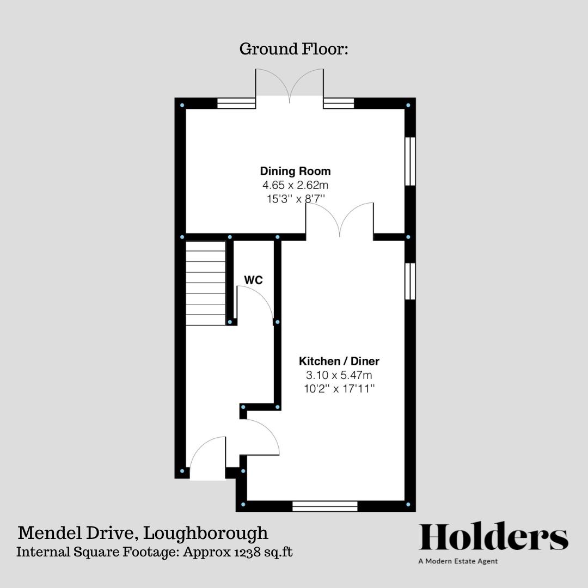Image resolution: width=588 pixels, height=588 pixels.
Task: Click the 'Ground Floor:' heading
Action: pos(293,49)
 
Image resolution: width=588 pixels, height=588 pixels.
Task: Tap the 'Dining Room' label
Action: pos(295,171)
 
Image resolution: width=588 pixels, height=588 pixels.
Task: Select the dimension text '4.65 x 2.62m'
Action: pos(295,185)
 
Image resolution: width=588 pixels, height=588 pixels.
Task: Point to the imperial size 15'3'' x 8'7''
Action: pos(295,199)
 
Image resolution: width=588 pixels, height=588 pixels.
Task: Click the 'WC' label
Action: pos(253,280)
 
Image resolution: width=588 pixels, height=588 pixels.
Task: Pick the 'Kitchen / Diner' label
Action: pos(339,361)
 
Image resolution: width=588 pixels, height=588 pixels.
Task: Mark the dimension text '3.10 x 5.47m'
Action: pos(339,375)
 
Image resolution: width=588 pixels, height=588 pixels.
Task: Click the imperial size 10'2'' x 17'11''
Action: pos(339,388)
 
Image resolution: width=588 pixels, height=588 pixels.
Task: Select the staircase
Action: pos(206,283)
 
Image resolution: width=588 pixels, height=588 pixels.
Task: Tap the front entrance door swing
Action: pos(206,457)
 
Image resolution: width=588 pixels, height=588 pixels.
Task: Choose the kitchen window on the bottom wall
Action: pos(324,506)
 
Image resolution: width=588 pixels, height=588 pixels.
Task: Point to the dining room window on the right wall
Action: pos(410,161)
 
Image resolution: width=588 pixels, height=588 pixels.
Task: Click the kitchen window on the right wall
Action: pos(410,281)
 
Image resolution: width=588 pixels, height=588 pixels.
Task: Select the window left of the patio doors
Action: pos(236,103)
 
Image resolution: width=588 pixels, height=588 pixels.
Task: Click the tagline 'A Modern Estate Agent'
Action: pos(458,561)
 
